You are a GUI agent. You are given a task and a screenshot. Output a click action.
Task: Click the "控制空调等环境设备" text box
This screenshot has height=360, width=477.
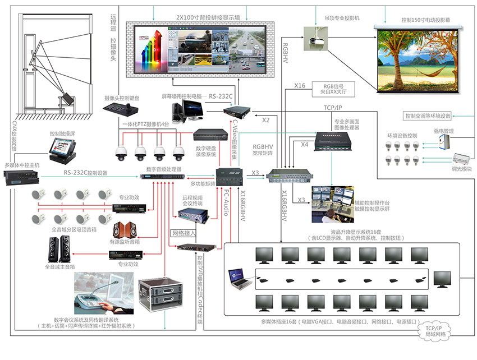428,116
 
